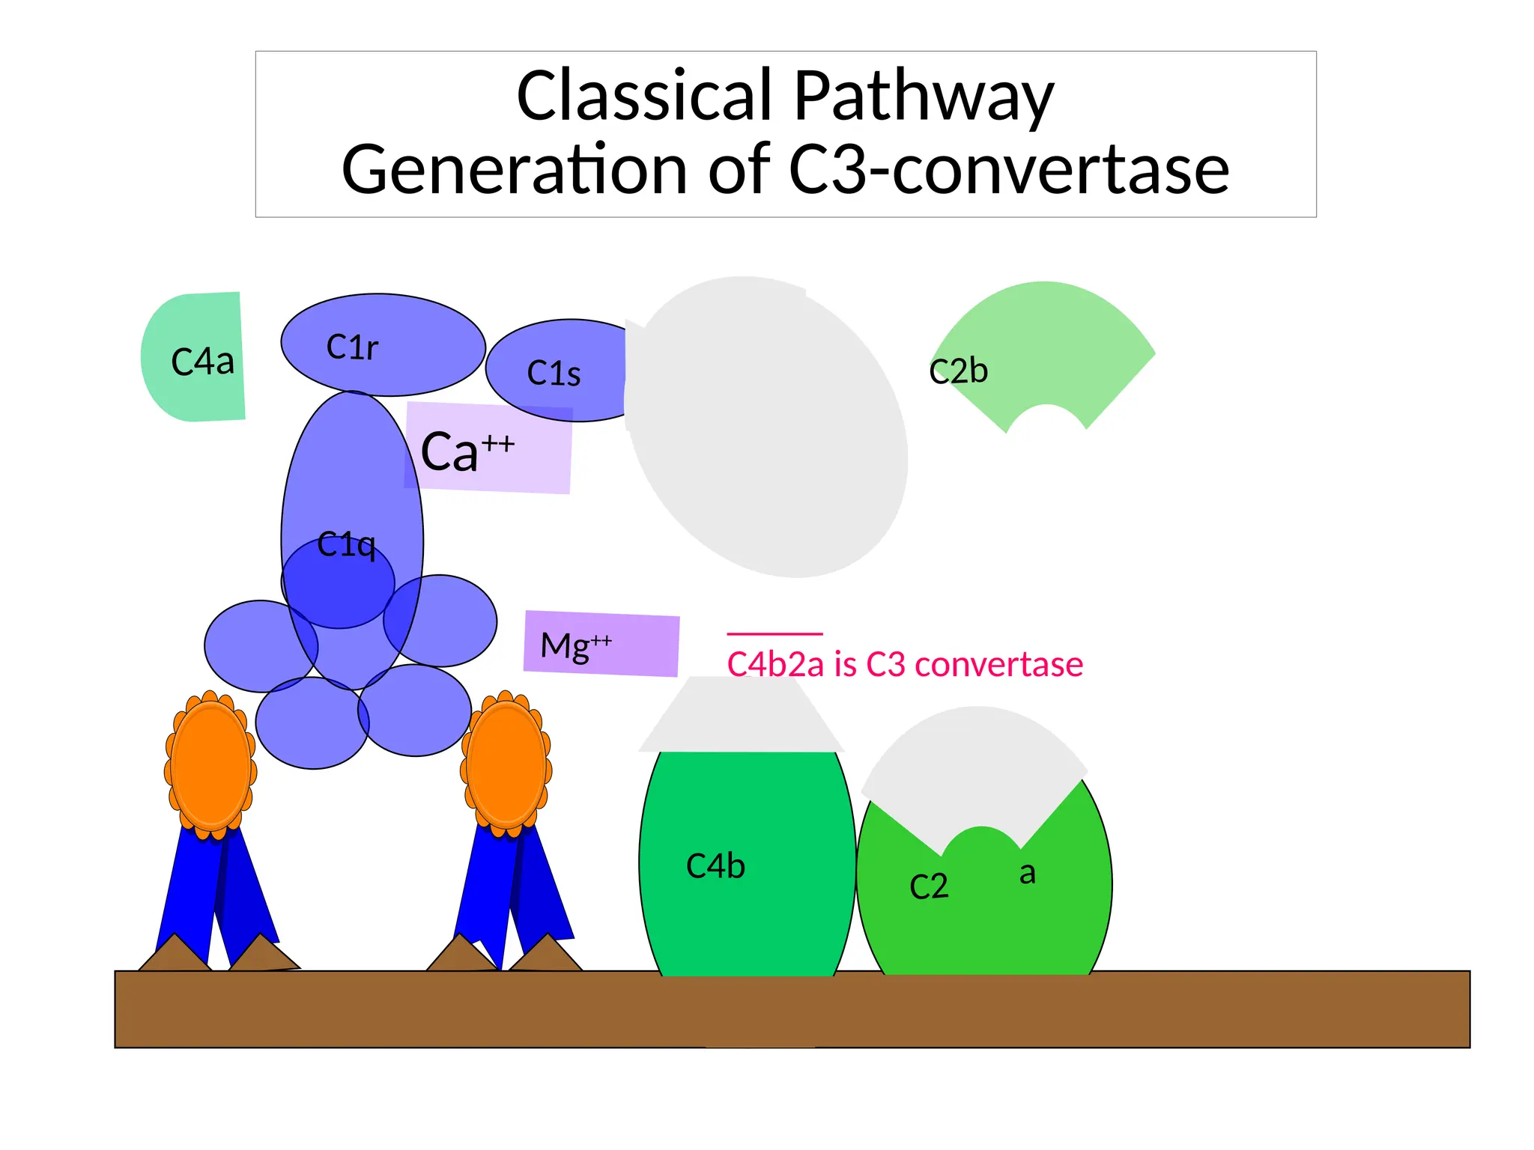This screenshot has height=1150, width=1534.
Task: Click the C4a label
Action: [x=202, y=362]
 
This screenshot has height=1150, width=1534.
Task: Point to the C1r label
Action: [x=352, y=347]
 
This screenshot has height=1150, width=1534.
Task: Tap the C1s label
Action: [x=554, y=374]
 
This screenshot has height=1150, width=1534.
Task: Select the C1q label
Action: [x=345, y=545]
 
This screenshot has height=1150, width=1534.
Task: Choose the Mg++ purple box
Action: [x=601, y=645]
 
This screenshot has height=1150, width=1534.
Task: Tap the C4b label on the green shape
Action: [x=715, y=866]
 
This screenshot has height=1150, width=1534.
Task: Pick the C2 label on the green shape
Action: [x=929, y=887]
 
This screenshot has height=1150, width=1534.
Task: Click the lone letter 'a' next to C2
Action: [x=1028, y=873]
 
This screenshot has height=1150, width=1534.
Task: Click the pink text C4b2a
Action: [x=775, y=665]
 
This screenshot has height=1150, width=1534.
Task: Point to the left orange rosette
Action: [x=210, y=765]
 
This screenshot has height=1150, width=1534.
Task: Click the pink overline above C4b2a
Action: [x=774, y=634]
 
